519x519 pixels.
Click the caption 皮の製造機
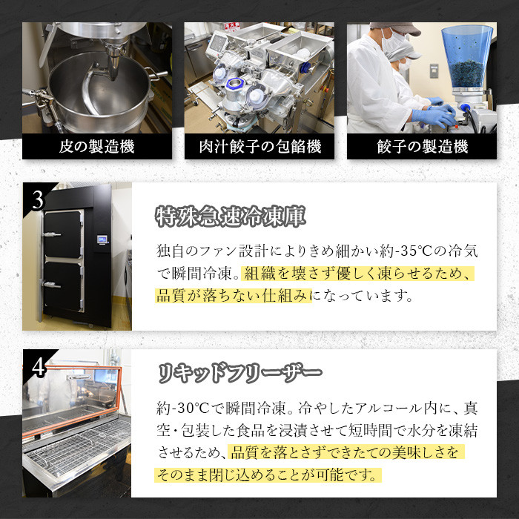[x=96, y=147]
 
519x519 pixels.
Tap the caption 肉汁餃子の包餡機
[x=259, y=147]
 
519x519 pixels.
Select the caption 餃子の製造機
[x=422, y=147]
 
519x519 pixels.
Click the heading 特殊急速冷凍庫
[x=231, y=216]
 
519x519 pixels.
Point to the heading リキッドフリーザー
[x=240, y=373]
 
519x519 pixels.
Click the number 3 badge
[x=37, y=200]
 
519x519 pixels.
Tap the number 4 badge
[x=39, y=367]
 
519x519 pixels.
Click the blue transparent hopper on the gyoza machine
[x=467, y=57]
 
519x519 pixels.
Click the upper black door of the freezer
[x=63, y=234]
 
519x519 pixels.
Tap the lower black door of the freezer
[x=63, y=286]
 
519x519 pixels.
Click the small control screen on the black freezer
[x=102, y=239]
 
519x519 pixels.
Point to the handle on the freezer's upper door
[x=53, y=235]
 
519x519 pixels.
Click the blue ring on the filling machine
[x=235, y=84]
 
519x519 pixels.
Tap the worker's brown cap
[x=396, y=27]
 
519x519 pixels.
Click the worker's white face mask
[x=393, y=42]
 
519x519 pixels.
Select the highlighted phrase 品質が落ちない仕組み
[x=234, y=296]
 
